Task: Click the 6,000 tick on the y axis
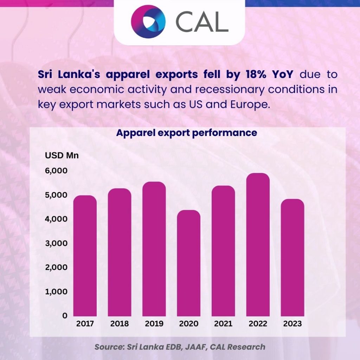coord(56,171)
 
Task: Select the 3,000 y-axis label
coord(56,243)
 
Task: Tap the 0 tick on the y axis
coord(65,316)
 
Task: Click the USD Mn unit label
coord(62,155)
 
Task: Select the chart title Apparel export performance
coord(187,134)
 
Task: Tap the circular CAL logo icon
coord(148,21)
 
